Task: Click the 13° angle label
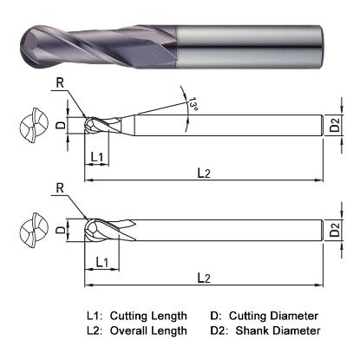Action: [x=189, y=106]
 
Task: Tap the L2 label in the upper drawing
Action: [x=205, y=173]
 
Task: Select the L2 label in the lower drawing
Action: [x=205, y=277]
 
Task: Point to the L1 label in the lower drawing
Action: [x=101, y=260]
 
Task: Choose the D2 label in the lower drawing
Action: [x=336, y=232]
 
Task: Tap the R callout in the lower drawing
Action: [x=58, y=188]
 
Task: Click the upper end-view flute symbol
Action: [x=30, y=127]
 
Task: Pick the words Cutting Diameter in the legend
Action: [x=276, y=315]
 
